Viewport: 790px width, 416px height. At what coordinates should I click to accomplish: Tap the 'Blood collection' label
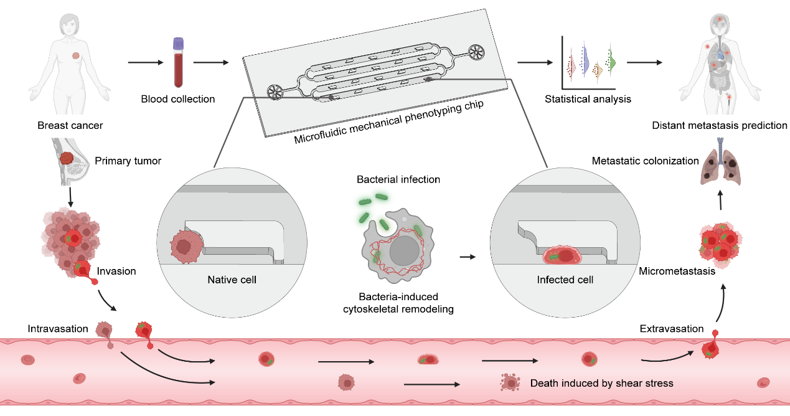point(178,99)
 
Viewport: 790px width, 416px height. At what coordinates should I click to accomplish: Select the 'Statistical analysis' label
point(588,99)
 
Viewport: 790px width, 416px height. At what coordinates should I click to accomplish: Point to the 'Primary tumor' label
point(128,161)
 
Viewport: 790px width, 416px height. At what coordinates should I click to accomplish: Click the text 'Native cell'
point(232,280)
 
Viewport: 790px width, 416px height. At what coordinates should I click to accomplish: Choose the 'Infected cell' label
point(565,280)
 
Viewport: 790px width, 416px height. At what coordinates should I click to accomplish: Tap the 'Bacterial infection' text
point(398,179)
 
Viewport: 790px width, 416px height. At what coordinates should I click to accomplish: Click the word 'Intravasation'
point(58,328)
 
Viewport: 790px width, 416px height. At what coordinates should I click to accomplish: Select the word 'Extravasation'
point(671,328)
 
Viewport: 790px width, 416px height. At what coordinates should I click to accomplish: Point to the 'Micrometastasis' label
point(676,272)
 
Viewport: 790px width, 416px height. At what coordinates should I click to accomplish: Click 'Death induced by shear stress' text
point(601,383)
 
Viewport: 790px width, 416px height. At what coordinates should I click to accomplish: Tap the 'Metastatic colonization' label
point(645,161)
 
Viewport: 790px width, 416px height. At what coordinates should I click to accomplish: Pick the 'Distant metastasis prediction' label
point(720,126)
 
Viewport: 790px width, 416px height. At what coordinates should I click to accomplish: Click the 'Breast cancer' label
point(70,126)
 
